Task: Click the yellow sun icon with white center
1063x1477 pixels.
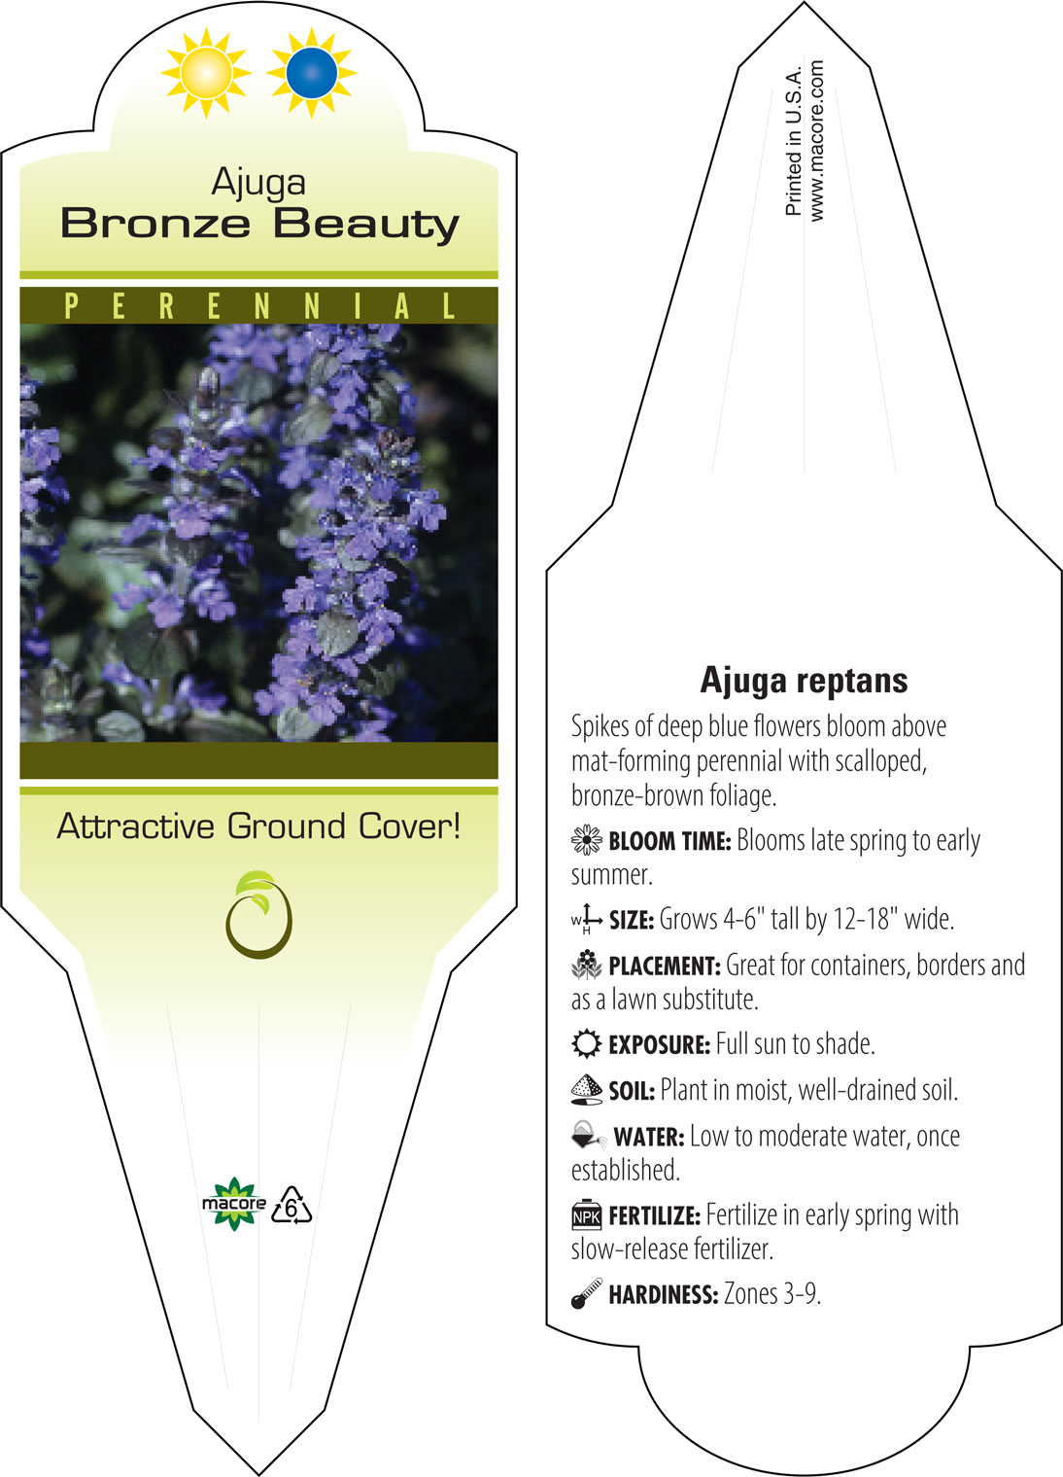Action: pyautogui.click(x=206, y=73)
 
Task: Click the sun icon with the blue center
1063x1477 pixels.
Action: pyautogui.click(x=312, y=73)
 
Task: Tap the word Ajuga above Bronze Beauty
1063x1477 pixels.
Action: pyautogui.click(x=258, y=184)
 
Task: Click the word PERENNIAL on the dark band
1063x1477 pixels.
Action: pyautogui.click(x=259, y=306)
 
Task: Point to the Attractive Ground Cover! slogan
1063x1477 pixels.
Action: pyautogui.click(x=258, y=826)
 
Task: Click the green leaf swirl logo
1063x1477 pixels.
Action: pyautogui.click(x=259, y=914)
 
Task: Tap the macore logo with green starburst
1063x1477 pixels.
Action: pyautogui.click(x=233, y=1204)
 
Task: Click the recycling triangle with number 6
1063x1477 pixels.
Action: pyautogui.click(x=291, y=1205)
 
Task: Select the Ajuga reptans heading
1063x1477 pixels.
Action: pyautogui.click(x=804, y=681)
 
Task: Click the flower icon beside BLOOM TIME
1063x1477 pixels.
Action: pyautogui.click(x=587, y=841)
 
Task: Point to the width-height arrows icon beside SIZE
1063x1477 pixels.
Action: pyautogui.click(x=587, y=919)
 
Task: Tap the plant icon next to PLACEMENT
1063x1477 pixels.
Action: pyautogui.click(x=587, y=966)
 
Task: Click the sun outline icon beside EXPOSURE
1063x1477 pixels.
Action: pyautogui.click(x=587, y=1043)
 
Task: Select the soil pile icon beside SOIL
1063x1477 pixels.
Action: pyautogui.click(x=587, y=1090)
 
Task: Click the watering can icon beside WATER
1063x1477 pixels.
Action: pyautogui.click(x=589, y=1136)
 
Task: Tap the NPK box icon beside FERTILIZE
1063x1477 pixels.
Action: pyautogui.click(x=587, y=1214)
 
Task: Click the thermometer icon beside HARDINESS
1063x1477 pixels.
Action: pyautogui.click(x=587, y=1293)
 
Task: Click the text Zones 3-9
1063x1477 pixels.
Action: pyautogui.click(x=772, y=1293)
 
